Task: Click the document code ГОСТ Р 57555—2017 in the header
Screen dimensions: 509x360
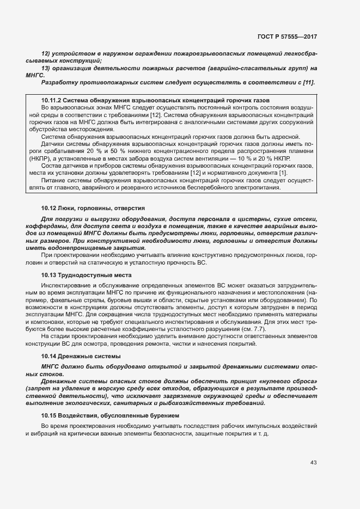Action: [287, 36]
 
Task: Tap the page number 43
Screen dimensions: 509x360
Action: [313, 463]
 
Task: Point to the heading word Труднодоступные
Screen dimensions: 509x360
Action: [87, 275]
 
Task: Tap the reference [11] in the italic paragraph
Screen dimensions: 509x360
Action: [307, 82]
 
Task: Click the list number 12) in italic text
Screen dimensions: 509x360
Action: [46, 56]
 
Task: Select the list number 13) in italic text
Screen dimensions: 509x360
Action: [46, 69]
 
